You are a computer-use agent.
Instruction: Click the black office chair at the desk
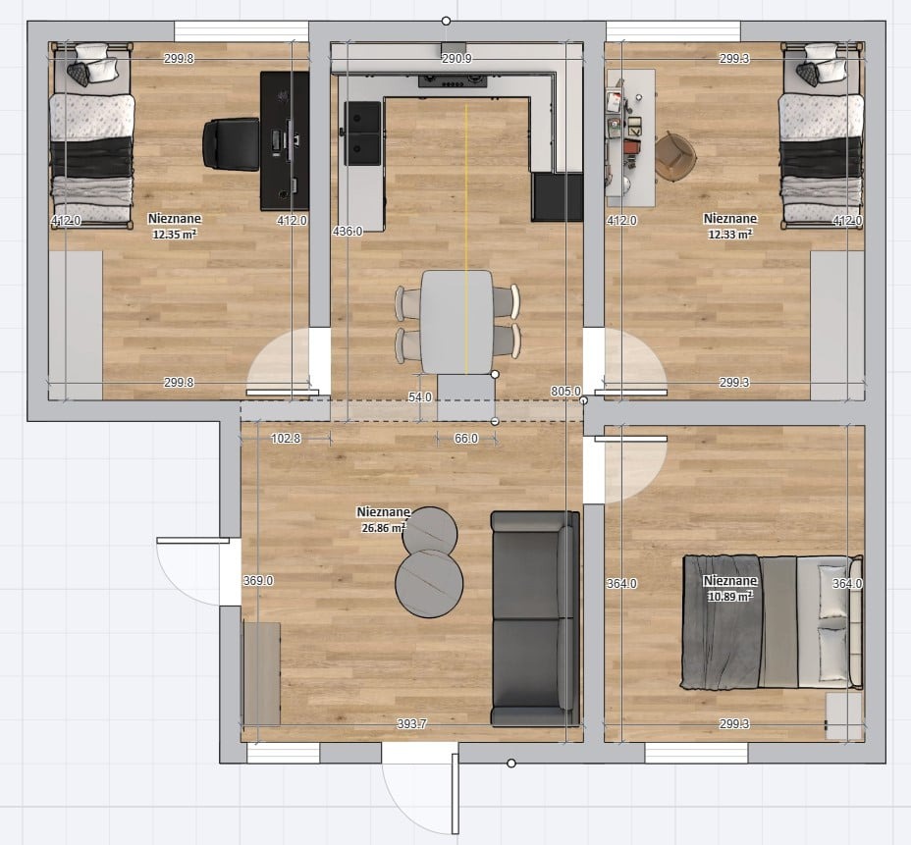pos(231,144)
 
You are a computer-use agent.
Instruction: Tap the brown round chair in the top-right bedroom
pos(675,157)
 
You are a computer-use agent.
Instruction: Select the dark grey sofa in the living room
pos(535,618)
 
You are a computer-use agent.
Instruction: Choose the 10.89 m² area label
pos(730,597)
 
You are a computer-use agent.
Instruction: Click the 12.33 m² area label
pos(730,235)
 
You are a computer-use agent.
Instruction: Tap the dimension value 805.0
pos(565,392)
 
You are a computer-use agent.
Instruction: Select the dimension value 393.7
pos(411,723)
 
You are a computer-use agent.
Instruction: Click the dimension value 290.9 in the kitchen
pos(456,58)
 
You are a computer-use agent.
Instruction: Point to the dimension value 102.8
pos(286,439)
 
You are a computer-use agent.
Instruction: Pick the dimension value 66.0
pos(466,439)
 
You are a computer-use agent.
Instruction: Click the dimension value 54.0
pos(420,397)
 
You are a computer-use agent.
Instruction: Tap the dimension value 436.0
pos(348,232)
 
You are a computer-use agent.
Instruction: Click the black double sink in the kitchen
pos(363,133)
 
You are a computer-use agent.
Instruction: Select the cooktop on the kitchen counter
pos(453,80)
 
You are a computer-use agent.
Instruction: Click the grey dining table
pos(456,322)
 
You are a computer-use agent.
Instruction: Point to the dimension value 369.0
pos(258,580)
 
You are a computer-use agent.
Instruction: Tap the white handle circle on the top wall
pos(446,21)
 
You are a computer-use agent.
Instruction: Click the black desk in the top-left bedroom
pos(284,141)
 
